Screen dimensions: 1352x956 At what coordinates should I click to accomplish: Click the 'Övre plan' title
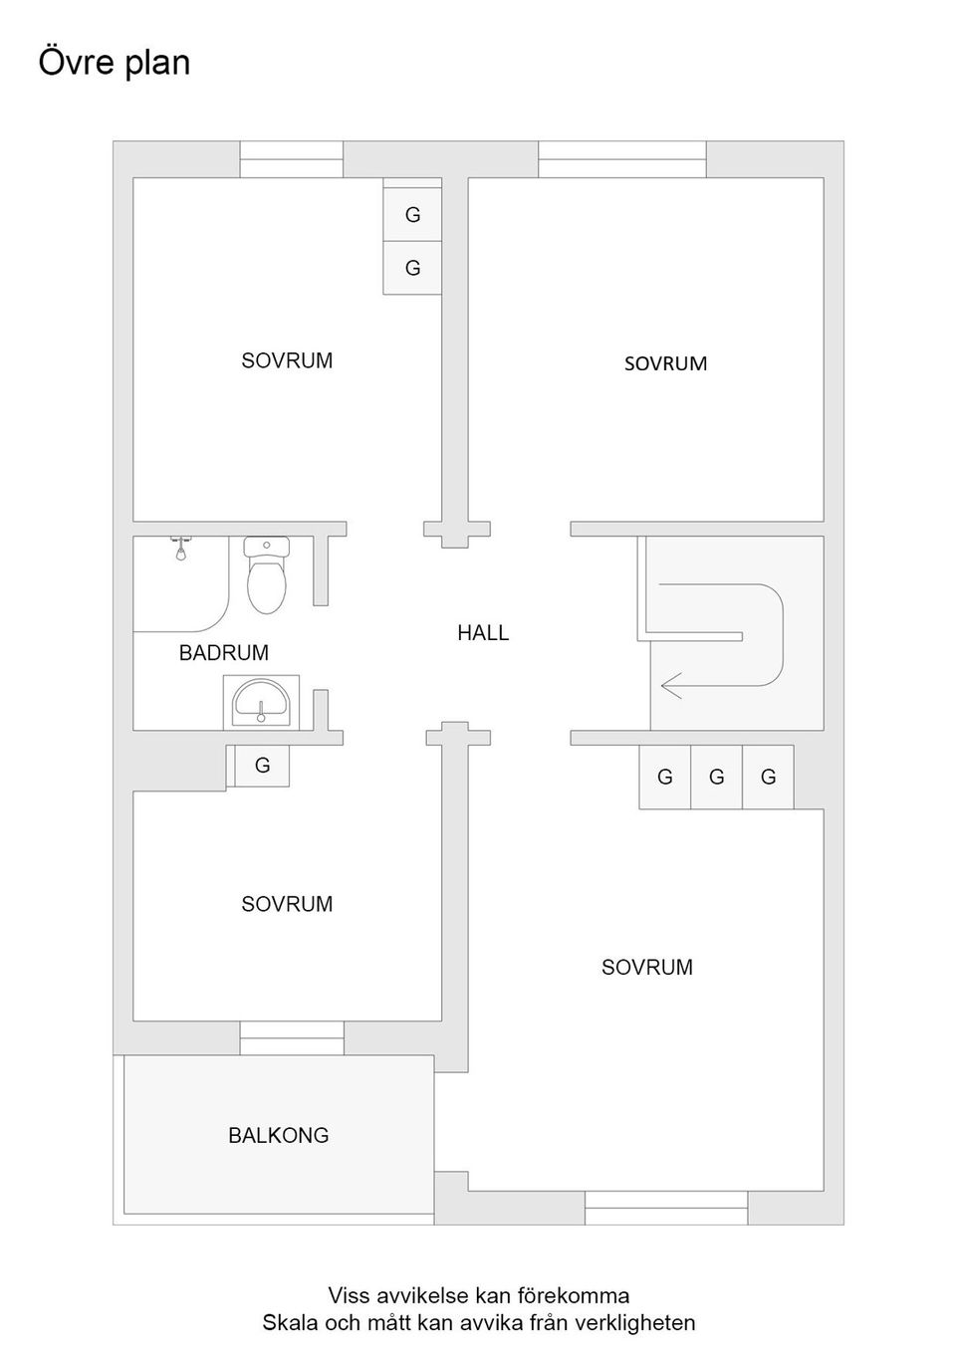pos(114,62)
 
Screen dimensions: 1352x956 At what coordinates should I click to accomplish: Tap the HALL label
pos(483,632)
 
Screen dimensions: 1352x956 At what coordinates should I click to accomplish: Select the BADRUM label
pos(224,653)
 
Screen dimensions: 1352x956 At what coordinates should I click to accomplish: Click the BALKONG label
pos(278,1135)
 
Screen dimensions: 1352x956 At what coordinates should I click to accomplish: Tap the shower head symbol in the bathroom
pos(181,547)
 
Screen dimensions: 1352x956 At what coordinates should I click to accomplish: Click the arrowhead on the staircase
pos(669,685)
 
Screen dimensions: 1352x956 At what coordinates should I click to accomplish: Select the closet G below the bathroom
pos(262,766)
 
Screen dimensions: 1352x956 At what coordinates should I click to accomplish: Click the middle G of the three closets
pos(716,777)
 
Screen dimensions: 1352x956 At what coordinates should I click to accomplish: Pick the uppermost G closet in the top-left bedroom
pos(412,214)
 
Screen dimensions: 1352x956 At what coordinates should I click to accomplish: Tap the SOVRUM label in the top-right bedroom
pos(665,363)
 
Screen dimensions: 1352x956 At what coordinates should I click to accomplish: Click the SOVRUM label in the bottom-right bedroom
pos(646,967)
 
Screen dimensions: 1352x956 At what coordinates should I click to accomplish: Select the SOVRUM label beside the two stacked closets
pos(287,360)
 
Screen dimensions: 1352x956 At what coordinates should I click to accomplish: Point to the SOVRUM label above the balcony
pos(287,904)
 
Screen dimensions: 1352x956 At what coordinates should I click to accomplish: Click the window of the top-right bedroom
pos(621,159)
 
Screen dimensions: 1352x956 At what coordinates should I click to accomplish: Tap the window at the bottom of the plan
pos(665,1208)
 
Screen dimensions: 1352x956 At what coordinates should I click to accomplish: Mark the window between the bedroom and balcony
pos(292,1037)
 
